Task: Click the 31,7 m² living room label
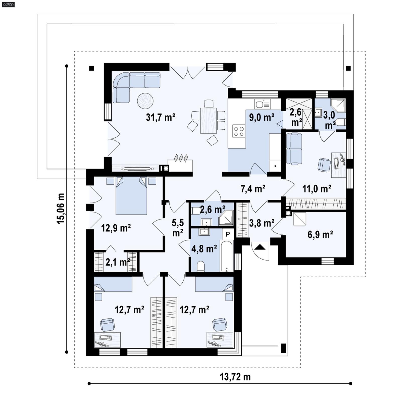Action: click(x=160, y=117)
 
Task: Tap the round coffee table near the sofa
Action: click(x=145, y=101)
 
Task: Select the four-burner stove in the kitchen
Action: click(x=239, y=131)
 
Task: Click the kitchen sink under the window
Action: click(x=263, y=104)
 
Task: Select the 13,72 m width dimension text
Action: click(x=235, y=377)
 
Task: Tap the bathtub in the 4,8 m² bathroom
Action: click(x=227, y=256)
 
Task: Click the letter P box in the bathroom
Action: click(x=228, y=234)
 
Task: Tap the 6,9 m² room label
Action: click(x=320, y=235)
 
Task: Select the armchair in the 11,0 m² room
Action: click(x=324, y=165)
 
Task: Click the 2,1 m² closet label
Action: click(x=118, y=262)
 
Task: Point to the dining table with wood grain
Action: click(x=208, y=120)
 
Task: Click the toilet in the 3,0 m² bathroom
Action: click(x=341, y=122)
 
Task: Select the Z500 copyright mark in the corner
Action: click(x=8, y=5)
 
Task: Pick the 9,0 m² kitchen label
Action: click(x=262, y=117)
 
